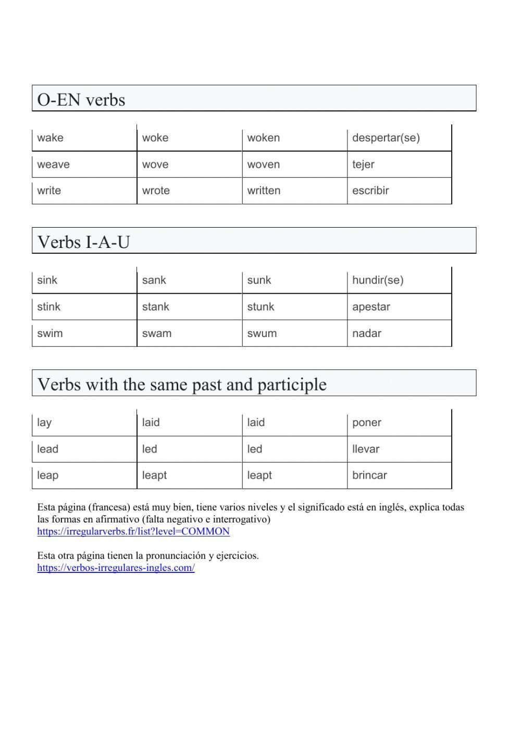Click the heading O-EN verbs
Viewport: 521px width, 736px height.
pos(81,99)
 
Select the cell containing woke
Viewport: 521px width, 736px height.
pos(155,138)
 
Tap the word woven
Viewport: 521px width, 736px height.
pos(263,165)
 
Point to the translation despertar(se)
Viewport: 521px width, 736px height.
pos(386,138)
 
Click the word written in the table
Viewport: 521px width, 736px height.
pos(264,191)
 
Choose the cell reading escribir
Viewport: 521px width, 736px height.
pos(370,191)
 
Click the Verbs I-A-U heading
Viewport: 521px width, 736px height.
pos(83,242)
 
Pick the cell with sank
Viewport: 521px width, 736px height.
pos(154,280)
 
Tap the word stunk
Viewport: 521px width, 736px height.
pos(260,307)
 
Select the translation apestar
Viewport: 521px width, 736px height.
pos(371,307)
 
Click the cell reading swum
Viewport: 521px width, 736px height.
pos(262,333)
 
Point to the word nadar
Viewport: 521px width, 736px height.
pos(367,333)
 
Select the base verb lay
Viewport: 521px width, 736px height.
pos(44,422)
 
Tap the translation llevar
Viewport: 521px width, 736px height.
pos(366,449)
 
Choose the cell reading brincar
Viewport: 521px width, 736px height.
pos(369,475)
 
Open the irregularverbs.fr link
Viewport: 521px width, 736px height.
pos(133,532)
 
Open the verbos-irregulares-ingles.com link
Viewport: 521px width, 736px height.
pos(116,568)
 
